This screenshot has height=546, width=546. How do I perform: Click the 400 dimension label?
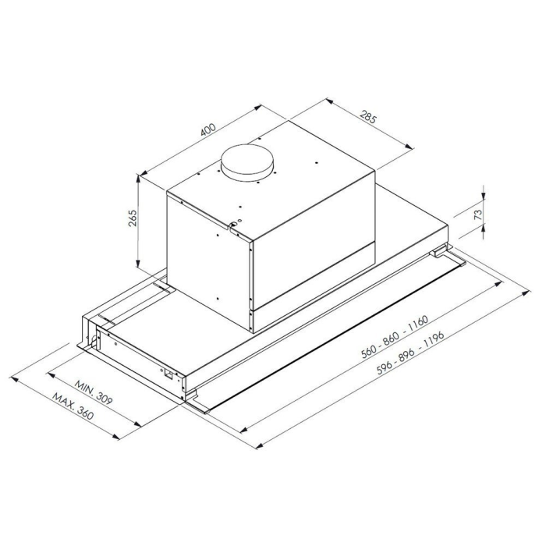point(208,129)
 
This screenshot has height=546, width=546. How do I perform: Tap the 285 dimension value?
point(368,117)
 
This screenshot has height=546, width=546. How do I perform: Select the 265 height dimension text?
point(133,218)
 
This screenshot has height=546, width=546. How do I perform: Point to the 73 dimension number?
point(479,214)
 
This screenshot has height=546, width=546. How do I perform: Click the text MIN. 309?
point(94,392)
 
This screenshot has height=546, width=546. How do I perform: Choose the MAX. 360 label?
point(73,406)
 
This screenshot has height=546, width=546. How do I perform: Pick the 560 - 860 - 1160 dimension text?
point(395,337)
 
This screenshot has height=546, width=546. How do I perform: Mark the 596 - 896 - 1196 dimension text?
point(410,353)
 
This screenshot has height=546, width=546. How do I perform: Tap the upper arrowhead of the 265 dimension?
point(138,179)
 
